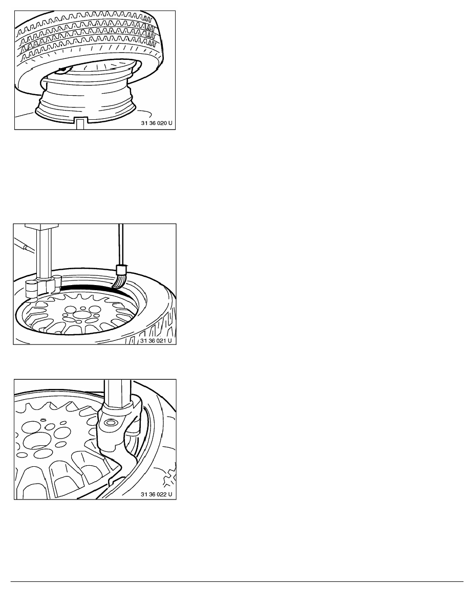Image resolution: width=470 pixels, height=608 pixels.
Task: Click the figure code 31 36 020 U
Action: [157, 123]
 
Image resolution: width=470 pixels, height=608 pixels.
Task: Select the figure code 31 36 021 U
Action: [156, 341]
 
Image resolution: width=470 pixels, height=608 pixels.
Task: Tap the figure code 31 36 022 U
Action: [156, 494]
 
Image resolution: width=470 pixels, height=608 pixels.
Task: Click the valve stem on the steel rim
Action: [61, 70]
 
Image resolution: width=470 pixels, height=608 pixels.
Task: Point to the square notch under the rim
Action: [80, 124]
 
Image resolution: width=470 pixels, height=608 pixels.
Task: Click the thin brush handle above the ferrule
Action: [121, 245]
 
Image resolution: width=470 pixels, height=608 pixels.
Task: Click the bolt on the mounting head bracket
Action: [111, 422]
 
